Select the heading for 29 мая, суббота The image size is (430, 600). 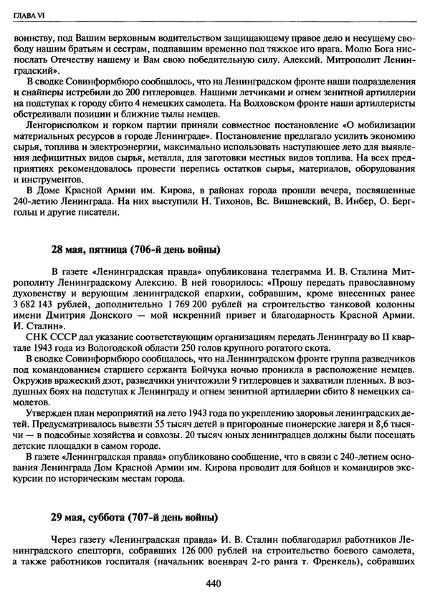pos(134,517)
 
